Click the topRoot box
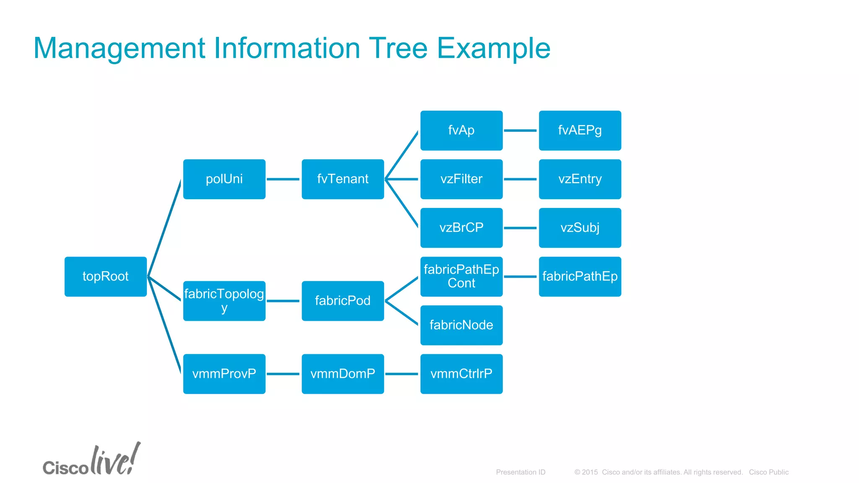click(105, 276)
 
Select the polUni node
click(224, 179)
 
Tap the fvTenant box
click(343, 179)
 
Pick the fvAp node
click(461, 130)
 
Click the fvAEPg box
click(580, 130)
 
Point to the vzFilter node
click(461, 179)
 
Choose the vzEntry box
click(580, 179)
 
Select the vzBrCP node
click(461, 228)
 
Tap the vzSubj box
click(580, 228)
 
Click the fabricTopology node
click(224, 301)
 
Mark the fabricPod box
click(343, 301)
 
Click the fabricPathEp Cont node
click(461, 276)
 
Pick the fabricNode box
click(461, 325)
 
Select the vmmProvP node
click(224, 374)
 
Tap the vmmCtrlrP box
click(461, 374)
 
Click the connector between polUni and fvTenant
click(283, 179)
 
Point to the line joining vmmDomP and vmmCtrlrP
click(402, 374)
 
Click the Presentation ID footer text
click(521, 472)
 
